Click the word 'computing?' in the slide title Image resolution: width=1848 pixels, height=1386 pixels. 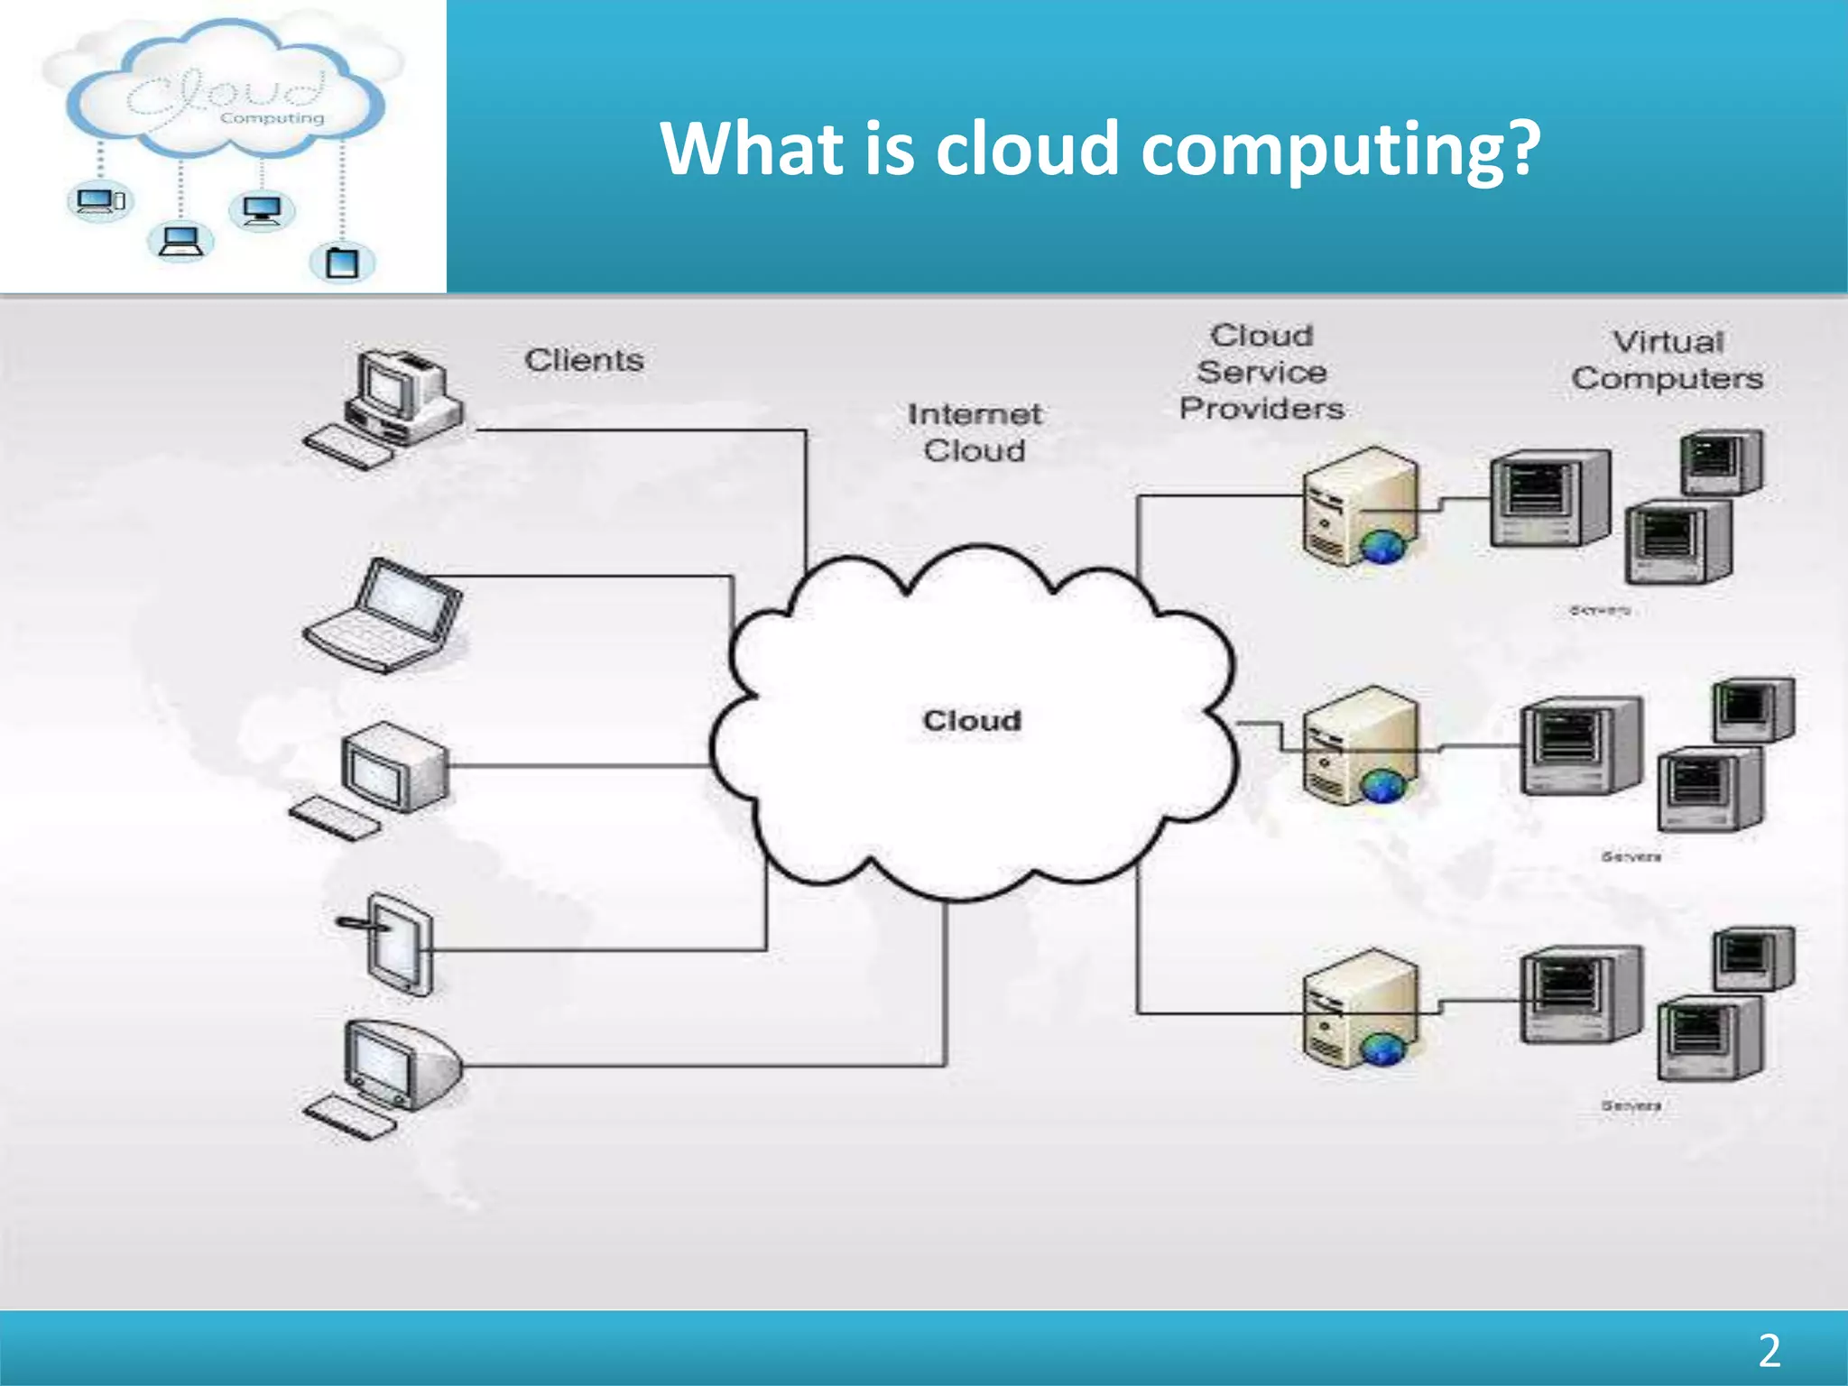point(1341,150)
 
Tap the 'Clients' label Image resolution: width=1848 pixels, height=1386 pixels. point(584,360)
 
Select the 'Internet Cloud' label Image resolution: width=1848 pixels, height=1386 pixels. point(975,432)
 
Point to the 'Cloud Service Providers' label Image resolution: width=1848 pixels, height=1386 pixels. point(1261,372)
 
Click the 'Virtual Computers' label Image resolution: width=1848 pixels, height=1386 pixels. point(1667,360)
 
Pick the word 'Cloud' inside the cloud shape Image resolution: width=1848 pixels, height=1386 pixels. point(972,720)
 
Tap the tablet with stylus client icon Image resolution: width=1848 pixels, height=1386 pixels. point(395,944)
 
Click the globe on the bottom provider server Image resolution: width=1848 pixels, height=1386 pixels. point(1381,1049)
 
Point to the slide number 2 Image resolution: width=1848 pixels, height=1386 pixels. point(1769,1351)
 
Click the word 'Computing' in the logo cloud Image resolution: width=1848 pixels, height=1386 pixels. point(272,118)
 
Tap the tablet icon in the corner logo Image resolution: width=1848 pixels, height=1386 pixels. point(342,263)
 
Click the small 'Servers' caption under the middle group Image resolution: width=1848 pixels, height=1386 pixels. point(1631,856)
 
